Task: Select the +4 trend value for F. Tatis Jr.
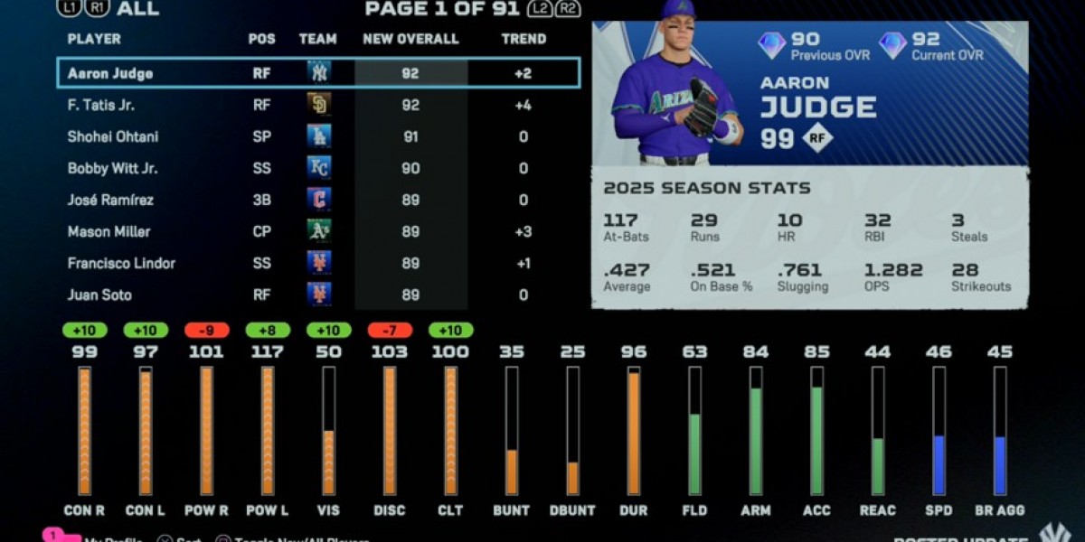tap(523, 105)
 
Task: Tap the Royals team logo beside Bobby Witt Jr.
tap(318, 168)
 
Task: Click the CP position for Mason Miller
tap(261, 231)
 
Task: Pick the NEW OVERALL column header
tap(410, 39)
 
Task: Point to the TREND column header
tap(524, 39)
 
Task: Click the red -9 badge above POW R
tap(206, 331)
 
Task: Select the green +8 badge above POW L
tap(268, 331)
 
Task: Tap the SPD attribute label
tap(939, 510)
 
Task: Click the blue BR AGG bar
tap(999, 465)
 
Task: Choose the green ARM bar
tap(755, 441)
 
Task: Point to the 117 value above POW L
tap(268, 351)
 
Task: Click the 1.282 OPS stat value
tap(892, 270)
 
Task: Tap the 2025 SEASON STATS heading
tap(694, 189)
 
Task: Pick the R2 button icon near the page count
tap(568, 10)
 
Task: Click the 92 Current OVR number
tap(926, 39)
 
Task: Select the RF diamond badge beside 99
tap(818, 137)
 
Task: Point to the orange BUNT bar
tap(512, 472)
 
